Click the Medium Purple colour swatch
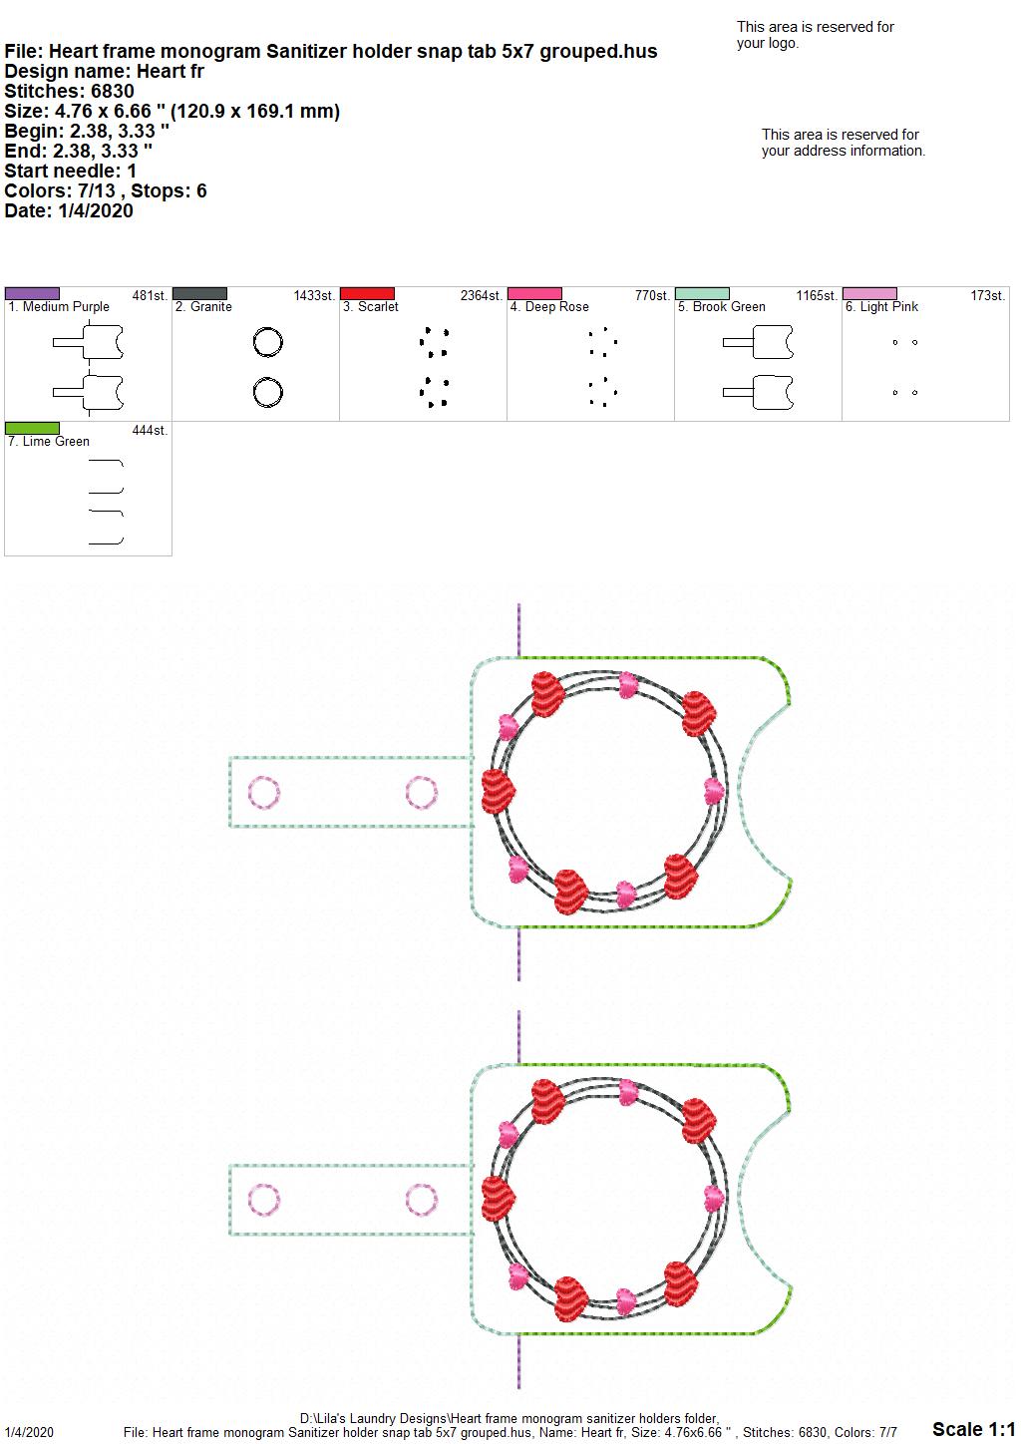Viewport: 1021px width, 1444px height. click(x=32, y=293)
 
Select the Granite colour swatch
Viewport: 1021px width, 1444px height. click(x=199, y=293)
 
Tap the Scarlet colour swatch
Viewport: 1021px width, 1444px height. click(x=367, y=293)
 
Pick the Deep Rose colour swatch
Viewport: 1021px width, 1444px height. click(x=535, y=293)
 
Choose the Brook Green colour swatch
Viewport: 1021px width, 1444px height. click(x=703, y=293)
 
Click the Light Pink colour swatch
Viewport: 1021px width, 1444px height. click(x=870, y=293)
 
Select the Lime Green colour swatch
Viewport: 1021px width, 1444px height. click(x=32, y=428)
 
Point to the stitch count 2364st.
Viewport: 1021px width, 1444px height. click(x=481, y=295)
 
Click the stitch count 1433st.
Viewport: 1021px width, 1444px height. click(x=314, y=295)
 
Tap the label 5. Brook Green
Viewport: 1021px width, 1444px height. click(x=721, y=307)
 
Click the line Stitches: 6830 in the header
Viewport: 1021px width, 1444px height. click(x=69, y=91)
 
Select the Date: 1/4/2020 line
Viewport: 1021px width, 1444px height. click(x=69, y=210)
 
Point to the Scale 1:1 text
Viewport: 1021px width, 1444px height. click(x=974, y=1428)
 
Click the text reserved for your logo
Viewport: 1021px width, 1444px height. click(x=816, y=35)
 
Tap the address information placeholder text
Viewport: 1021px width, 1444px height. click(x=844, y=143)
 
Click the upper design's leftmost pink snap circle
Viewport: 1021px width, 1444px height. click(x=264, y=792)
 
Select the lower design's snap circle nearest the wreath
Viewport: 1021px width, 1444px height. click(x=422, y=1200)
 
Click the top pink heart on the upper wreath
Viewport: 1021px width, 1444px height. click(x=628, y=685)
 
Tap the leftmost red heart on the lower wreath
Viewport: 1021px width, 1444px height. click(x=499, y=1199)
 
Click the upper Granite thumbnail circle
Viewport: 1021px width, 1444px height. click(x=267, y=342)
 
